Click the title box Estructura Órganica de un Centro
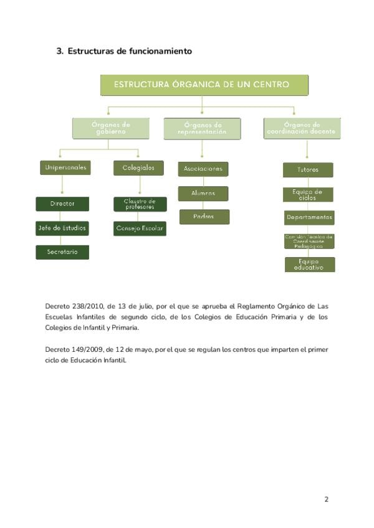pos(204,85)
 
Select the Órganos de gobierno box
pos(111,128)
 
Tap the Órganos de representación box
pos(202,128)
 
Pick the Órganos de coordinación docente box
pos(302,128)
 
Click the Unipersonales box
pos(65,167)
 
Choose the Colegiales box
pos(138,167)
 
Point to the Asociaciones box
pos(203,169)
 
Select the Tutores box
pos(308,169)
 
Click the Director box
pos(62,204)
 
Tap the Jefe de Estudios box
pos(62,228)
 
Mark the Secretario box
pos(62,252)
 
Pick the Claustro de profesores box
pos(140,204)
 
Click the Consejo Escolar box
pos(140,228)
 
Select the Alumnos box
pos(203,193)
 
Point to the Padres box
pos(204,217)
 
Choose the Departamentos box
pos(309,217)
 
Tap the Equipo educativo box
pos(310,265)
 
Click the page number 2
pos(326,499)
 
